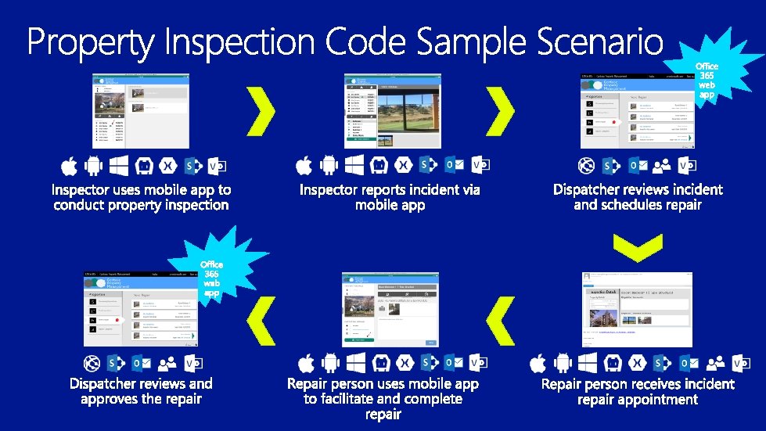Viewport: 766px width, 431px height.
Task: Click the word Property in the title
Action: coord(92,43)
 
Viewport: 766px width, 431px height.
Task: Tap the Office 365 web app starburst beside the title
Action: coord(707,76)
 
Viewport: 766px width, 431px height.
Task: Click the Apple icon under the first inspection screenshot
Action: coord(69,166)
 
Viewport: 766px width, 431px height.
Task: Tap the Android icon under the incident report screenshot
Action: coord(329,166)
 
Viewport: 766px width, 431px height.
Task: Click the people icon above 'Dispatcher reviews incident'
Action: coord(662,166)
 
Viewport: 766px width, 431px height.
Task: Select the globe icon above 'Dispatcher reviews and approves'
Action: coord(91,364)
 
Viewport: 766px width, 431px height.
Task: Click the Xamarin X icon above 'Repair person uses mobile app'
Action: coord(404,364)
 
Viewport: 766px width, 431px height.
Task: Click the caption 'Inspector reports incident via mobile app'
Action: coord(390,197)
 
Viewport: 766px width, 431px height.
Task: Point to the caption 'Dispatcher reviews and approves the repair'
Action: coord(141,391)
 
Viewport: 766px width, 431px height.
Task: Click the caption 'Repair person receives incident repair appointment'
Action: coord(638,391)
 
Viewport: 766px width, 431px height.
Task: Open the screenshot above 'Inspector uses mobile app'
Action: coord(141,111)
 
